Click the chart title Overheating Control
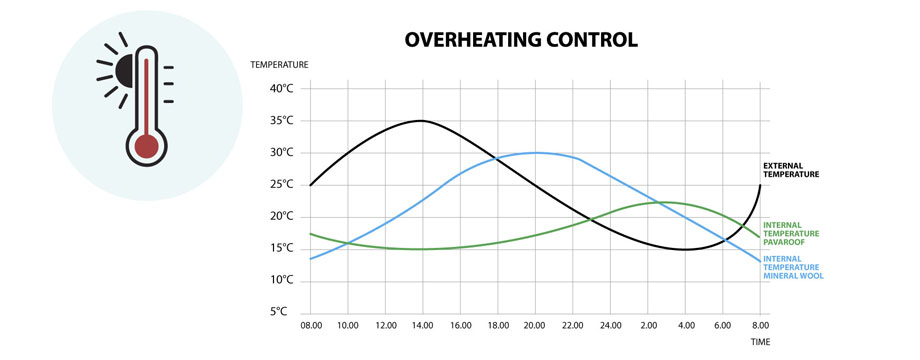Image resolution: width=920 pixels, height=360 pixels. pyautogui.click(x=520, y=41)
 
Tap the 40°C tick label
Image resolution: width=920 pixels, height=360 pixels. pyautogui.click(x=282, y=88)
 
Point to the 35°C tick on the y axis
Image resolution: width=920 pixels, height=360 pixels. pyautogui.click(x=282, y=120)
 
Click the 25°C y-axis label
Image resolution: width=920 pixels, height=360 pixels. pyautogui.click(x=282, y=184)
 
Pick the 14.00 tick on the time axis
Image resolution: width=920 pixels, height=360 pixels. pyautogui.click(x=422, y=326)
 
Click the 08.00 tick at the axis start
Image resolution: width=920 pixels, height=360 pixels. pyautogui.click(x=310, y=326)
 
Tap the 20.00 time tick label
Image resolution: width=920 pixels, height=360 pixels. pyautogui.click(x=535, y=326)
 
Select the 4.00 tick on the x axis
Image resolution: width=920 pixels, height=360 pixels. pyautogui.click(x=685, y=326)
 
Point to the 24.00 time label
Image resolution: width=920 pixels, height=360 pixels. pyautogui.click(x=609, y=326)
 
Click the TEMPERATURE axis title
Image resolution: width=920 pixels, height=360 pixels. pyautogui.click(x=279, y=65)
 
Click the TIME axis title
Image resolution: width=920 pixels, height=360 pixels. pyautogui.click(x=762, y=341)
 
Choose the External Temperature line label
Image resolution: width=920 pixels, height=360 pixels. pyautogui.click(x=791, y=170)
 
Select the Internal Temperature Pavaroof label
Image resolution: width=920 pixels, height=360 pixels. pyautogui.click(x=791, y=232)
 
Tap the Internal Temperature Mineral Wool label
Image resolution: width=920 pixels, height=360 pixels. pyautogui.click(x=792, y=267)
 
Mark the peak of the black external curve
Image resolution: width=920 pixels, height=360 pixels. pyautogui.click(x=421, y=121)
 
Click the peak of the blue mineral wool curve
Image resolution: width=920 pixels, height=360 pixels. pyautogui.click(x=535, y=153)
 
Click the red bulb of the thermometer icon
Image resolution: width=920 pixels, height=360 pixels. pyautogui.click(x=147, y=147)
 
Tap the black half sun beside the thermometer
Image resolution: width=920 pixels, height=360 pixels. pyautogui.click(x=123, y=71)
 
